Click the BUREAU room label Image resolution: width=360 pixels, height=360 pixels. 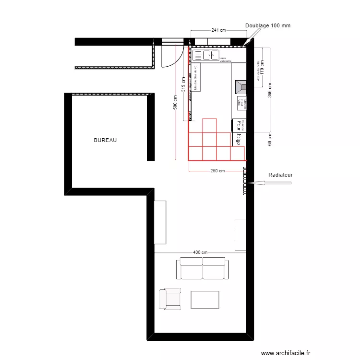pos(106,141)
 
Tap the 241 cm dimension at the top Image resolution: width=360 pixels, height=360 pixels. pos(219,30)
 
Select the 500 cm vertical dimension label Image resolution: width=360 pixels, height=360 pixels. pos(176,102)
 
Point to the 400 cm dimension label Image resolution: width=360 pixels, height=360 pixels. pos(201,252)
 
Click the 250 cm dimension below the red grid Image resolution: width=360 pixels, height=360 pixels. pos(217,171)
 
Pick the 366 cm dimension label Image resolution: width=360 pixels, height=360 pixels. pos(270,91)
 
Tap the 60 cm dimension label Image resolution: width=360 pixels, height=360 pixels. pos(270,140)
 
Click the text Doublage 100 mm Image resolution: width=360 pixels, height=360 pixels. pos(268,25)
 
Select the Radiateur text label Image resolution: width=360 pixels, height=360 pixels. pos(280,175)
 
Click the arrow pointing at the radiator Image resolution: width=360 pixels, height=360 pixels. pos(257,182)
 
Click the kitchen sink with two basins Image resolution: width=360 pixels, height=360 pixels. pos(210,55)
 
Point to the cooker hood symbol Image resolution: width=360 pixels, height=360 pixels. pos(241,87)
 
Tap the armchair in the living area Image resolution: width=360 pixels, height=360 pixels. pos(169,298)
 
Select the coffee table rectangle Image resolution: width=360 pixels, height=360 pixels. pos(205,300)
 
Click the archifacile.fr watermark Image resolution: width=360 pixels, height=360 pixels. pos(289,353)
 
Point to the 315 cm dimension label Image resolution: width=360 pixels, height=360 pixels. pos(183,85)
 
